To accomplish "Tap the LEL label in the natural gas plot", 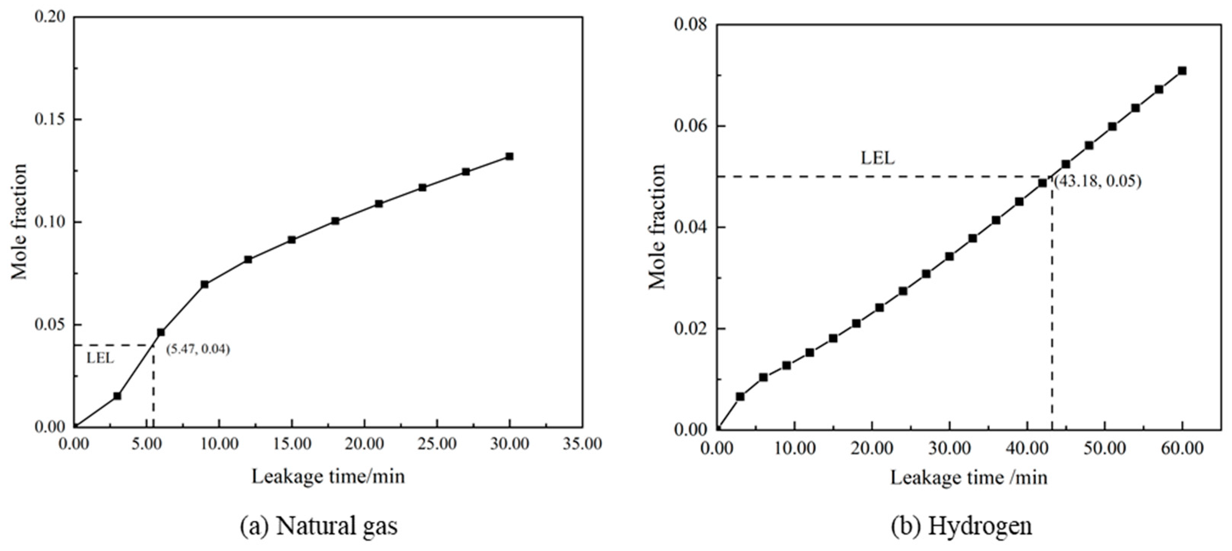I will pos(100,358).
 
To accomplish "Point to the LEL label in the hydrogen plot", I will pos(878,158).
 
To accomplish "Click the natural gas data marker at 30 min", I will pos(509,156).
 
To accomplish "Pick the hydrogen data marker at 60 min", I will pos(1182,71).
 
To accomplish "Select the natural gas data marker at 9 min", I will pos(205,284).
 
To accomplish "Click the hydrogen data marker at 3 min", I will pos(740,396).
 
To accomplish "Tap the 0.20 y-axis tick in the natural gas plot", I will pos(49,17).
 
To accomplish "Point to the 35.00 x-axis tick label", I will pos(582,444).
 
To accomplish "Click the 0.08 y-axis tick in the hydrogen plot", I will pos(690,25).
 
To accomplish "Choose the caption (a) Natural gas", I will pos(319,526).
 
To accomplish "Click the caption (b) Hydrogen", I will pos(961,526).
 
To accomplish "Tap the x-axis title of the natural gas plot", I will pos(328,477).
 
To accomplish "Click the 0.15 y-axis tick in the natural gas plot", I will pos(49,120).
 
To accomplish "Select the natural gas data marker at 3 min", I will pos(117,396).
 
